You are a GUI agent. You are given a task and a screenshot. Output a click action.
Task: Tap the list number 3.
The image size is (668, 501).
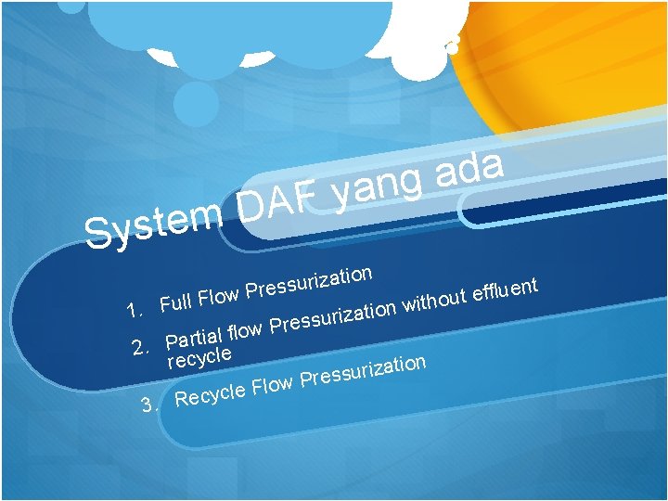click(148, 405)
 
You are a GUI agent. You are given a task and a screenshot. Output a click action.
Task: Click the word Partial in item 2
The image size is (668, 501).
click(194, 336)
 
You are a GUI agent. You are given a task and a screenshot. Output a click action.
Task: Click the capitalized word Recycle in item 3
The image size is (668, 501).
click(210, 394)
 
